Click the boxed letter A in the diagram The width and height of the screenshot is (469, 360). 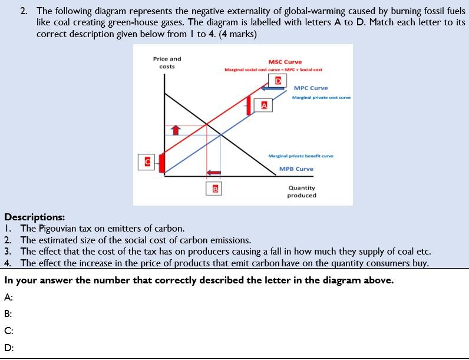(x=265, y=105)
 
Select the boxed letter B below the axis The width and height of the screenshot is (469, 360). (x=215, y=189)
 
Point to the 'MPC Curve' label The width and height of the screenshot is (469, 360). (x=311, y=88)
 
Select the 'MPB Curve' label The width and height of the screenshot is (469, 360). (x=296, y=169)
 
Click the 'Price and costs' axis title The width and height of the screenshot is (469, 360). (x=167, y=62)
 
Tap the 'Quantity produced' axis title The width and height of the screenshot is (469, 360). (x=302, y=191)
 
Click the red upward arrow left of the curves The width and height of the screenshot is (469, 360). (x=175, y=130)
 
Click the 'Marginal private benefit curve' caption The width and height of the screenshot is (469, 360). (x=300, y=156)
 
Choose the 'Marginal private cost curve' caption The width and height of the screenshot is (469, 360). (x=321, y=98)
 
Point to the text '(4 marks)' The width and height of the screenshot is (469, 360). (x=237, y=34)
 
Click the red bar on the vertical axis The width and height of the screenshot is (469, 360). (x=162, y=161)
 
